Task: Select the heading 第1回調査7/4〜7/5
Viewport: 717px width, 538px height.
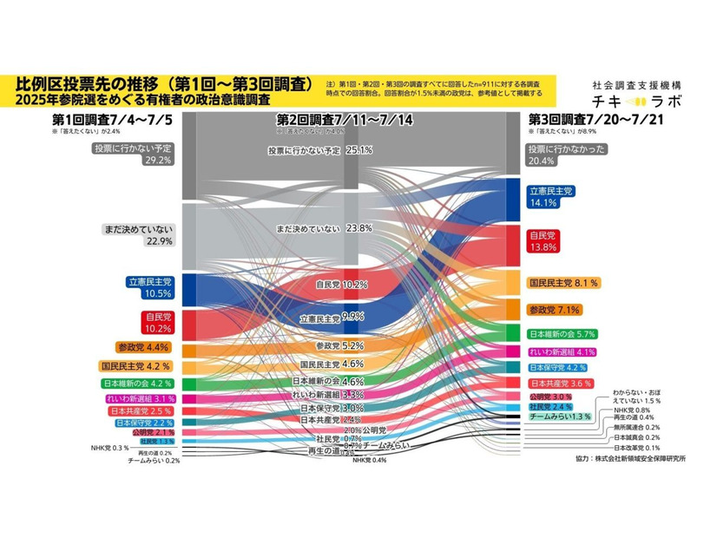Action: pyautogui.click(x=112, y=120)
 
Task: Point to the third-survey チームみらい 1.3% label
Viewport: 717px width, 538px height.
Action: pyautogui.click(x=561, y=417)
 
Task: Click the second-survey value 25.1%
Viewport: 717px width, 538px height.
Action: pyautogui.click(x=358, y=150)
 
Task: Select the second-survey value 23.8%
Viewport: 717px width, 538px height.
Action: pyautogui.click(x=358, y=228)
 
